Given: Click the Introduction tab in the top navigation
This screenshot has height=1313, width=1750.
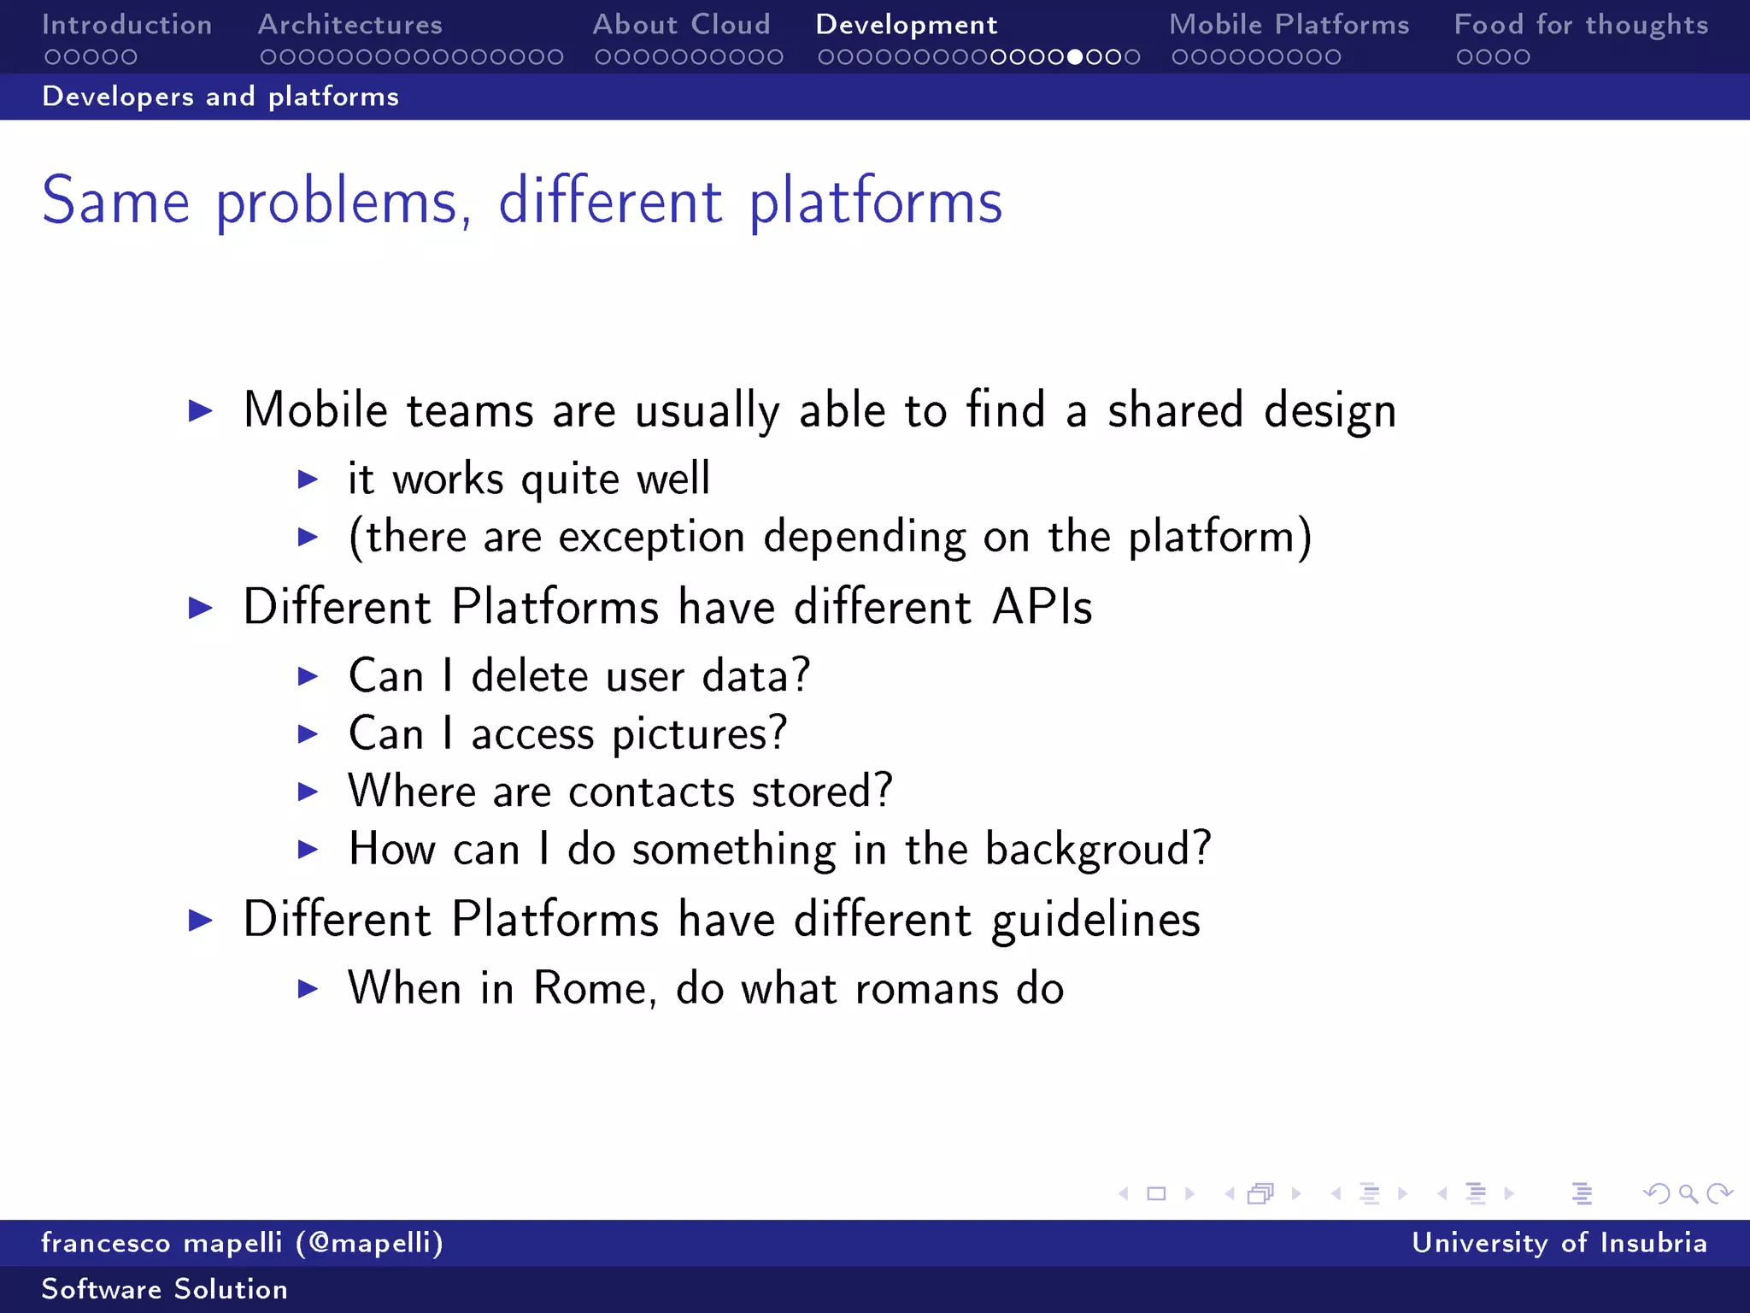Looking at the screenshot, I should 126,25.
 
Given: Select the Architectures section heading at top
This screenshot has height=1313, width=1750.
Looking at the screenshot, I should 350,25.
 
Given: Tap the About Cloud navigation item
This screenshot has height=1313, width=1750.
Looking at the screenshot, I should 681,25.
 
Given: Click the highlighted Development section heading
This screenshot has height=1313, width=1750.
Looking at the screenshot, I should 907,26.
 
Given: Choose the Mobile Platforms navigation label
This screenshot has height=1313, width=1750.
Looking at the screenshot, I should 1289,25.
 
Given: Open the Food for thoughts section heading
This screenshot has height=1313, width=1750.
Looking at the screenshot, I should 1581,25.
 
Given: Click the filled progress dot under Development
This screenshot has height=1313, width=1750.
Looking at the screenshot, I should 1075,57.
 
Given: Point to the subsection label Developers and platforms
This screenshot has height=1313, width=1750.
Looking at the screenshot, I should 220,97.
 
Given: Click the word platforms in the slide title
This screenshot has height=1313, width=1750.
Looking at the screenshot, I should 875,203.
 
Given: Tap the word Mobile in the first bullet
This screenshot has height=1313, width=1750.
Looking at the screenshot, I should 315,409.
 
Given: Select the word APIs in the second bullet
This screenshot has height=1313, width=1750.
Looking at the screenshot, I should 1042,608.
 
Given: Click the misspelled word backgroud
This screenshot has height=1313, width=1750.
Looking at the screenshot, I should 1097,850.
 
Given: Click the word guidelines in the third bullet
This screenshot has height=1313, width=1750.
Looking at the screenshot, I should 1095,921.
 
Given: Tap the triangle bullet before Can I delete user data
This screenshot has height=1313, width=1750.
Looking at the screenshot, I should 308,677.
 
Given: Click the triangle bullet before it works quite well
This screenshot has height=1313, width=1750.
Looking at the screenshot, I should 308,480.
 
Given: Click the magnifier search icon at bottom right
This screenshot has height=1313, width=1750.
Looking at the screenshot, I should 1688,1193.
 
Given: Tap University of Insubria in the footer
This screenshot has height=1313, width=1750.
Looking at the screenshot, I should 1559,1243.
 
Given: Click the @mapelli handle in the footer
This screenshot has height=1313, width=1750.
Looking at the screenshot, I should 370,1243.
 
